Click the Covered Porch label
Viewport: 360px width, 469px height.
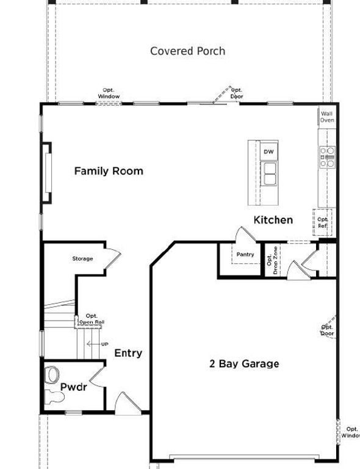pyautogui.click(x=187, y=51)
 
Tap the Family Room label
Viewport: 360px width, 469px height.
pyautogui.click(x=109, y=171)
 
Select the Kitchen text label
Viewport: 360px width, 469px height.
pyautogui.click(x=273, y=220)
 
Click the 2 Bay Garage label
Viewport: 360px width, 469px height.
pyautogui.click(x=244, y=364)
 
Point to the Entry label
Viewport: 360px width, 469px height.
pyautogui.click(x=128, y=353)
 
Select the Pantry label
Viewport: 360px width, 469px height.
pyautogui.click(x=245, y=255)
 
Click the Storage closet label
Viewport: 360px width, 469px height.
pyautogui.click(x=83, y=259)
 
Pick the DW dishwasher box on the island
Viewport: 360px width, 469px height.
pyautogui.click(x=268, y=151)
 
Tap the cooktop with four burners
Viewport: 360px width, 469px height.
pyautogui.click(x=327, y=157)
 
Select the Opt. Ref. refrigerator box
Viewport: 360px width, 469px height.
pyautogui.click(x=322, y=222)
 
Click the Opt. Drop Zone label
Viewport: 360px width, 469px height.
pyautogui.click(x=272, y=260)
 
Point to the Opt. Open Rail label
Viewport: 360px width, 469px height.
pyautogui.click(x=91, y=319)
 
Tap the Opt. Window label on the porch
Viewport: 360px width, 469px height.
pyautogui.click(x=109, y=93)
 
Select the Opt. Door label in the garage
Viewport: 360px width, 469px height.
pyautogui.click(x=328, y=330)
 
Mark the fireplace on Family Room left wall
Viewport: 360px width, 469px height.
pyautogui.click(x=46, y=172)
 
